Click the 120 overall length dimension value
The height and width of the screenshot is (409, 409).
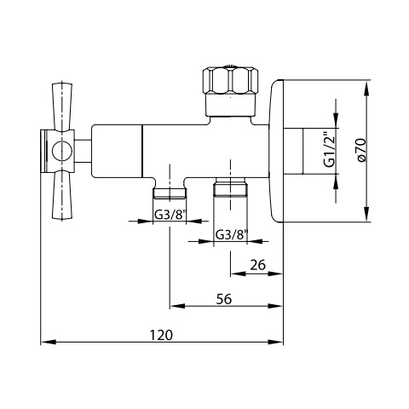tap(161, 335)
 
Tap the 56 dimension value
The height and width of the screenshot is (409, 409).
tap(224, 299)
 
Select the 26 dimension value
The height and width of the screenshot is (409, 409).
tap(257, 265)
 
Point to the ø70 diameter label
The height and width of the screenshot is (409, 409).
tap(361, 150)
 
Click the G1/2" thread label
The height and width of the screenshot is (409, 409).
tap(330, 150)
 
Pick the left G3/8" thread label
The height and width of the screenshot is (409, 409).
tap(170, 215)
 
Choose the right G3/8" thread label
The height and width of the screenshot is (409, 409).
tap(232, 235)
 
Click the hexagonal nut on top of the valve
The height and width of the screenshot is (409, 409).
tap(231, 80)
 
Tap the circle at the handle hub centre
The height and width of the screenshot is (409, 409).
tap(60, 151)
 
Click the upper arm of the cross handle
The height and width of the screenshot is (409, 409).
tap(62, 107)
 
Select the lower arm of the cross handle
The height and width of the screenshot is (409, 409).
tap(62, 194)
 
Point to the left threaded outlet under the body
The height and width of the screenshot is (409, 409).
tap(170, 193)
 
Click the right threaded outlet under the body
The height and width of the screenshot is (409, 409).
tap(230, 187)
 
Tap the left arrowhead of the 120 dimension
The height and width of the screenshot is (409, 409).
tap(48, 342)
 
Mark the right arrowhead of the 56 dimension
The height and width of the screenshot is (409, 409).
tap(276, 306)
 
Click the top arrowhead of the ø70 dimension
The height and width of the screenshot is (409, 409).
tap(367, 87)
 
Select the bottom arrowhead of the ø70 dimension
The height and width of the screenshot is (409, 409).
tap(367, 214)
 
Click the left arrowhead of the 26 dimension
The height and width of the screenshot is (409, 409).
tap(238, 274)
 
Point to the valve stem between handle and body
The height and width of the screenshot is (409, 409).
tap(83, 151)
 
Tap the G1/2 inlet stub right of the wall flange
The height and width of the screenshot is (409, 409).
tap(293, 151)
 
